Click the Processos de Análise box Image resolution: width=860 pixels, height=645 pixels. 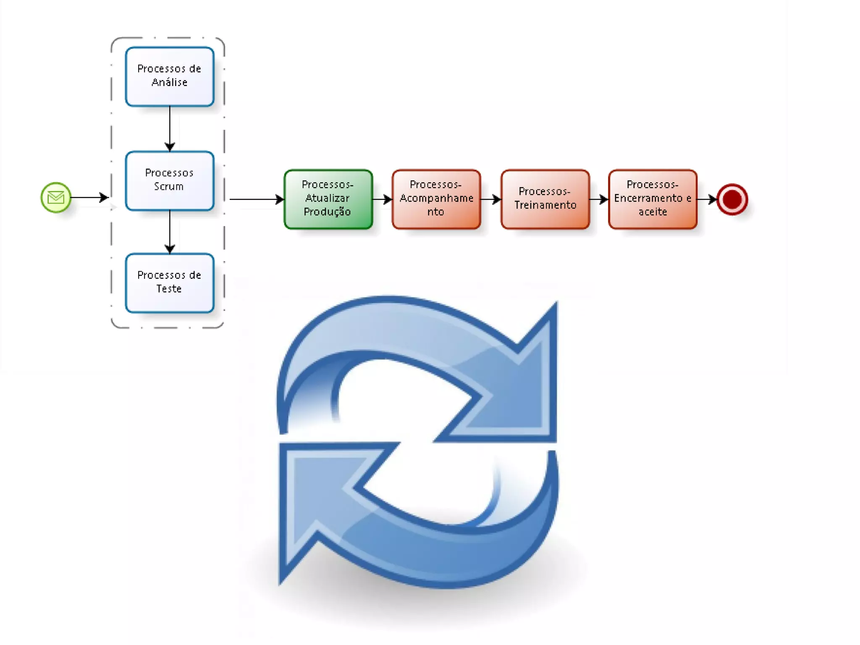pyautogui.click(x=170, y=76)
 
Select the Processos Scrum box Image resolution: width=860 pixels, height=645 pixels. pyautogui.click(x=170, y=181)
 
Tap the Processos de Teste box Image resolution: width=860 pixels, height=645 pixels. pyautogui.click(x=170, y=283)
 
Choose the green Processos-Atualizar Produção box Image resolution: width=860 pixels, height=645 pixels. pyautogui.click(x=328, y=199)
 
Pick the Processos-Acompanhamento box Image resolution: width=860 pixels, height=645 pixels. pyautogui.click(x=436, y=199)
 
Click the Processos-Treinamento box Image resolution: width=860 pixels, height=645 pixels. pyautogui.click(x=545, y=199)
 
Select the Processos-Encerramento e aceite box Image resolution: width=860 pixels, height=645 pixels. pyautogui.click(x=653, y=199)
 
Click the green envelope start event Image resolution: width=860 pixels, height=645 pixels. pyautogui.click(x=56, y=197)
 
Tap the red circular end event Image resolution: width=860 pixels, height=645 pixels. pyautogui.click(x=732, y=199)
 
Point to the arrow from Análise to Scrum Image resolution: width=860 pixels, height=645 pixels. pyautogui.click(x=170, y=128)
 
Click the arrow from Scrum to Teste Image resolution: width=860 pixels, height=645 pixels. pyautogui.click(x=170, y=231)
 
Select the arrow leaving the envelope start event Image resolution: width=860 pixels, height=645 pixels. pyautogui.click(x=89, y=197)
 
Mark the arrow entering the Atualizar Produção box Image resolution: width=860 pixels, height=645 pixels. pyautogui.click(x=256, y=199)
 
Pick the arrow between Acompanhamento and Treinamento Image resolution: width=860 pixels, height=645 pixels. pyautogui.click(x=490, y=199)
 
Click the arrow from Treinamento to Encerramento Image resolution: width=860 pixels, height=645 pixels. pyautogui.click(x=599, y=199)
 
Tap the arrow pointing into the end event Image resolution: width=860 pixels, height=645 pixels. pyautogui.click(x=707, y=199)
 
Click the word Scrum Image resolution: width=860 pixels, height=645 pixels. pyautogui.click(x=169, y=186)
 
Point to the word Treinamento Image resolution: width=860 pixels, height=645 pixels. pyautogui.click(x=545, y=205)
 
